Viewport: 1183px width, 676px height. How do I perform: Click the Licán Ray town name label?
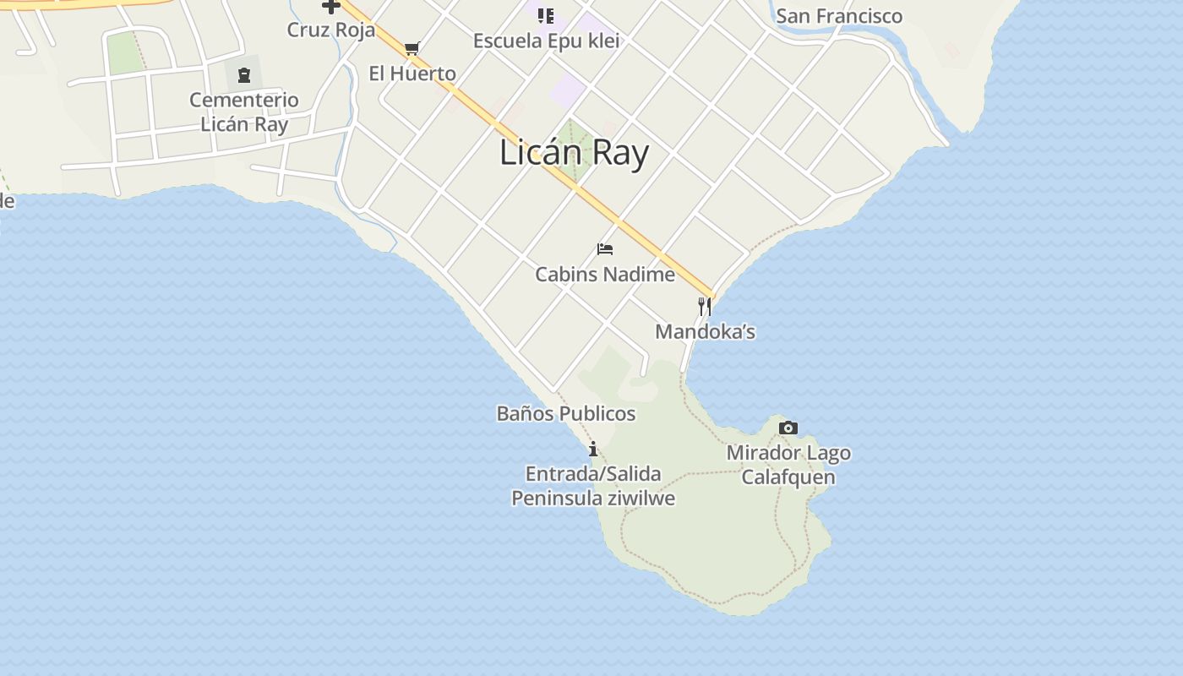(x=574, y=153)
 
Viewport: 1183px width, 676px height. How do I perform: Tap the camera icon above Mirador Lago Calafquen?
(x=788, y=428)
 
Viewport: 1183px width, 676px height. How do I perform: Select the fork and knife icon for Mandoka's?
(x=704, y=306)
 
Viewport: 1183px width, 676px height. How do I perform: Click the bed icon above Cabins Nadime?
(x=604, y=249)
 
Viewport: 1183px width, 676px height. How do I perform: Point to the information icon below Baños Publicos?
(x=593, y=448)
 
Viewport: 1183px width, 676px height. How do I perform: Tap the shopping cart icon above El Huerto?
(x=412, y=48)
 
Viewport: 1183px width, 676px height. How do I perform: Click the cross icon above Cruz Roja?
(x=330, y=7)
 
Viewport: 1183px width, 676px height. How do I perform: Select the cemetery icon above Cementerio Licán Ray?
(x=244, y=75)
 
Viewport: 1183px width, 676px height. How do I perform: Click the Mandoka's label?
(x=705, y=331)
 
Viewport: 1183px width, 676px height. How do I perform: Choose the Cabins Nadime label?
(x=605, y=275)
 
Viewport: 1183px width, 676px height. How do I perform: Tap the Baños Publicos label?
(x=565, y=413)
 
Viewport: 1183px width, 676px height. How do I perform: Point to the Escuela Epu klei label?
(x=546, y=41)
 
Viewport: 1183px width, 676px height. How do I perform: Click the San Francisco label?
(x=838, y=16)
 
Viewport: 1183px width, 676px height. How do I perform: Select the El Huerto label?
(x=412, y=74)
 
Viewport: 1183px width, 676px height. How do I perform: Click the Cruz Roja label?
(x=330, y=30)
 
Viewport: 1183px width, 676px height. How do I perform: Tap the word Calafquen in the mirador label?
(x=788, y=477)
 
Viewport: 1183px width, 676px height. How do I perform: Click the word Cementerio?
(x=243, y=100)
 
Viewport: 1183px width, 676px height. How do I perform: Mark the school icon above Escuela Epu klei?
(x=546, y=15)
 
